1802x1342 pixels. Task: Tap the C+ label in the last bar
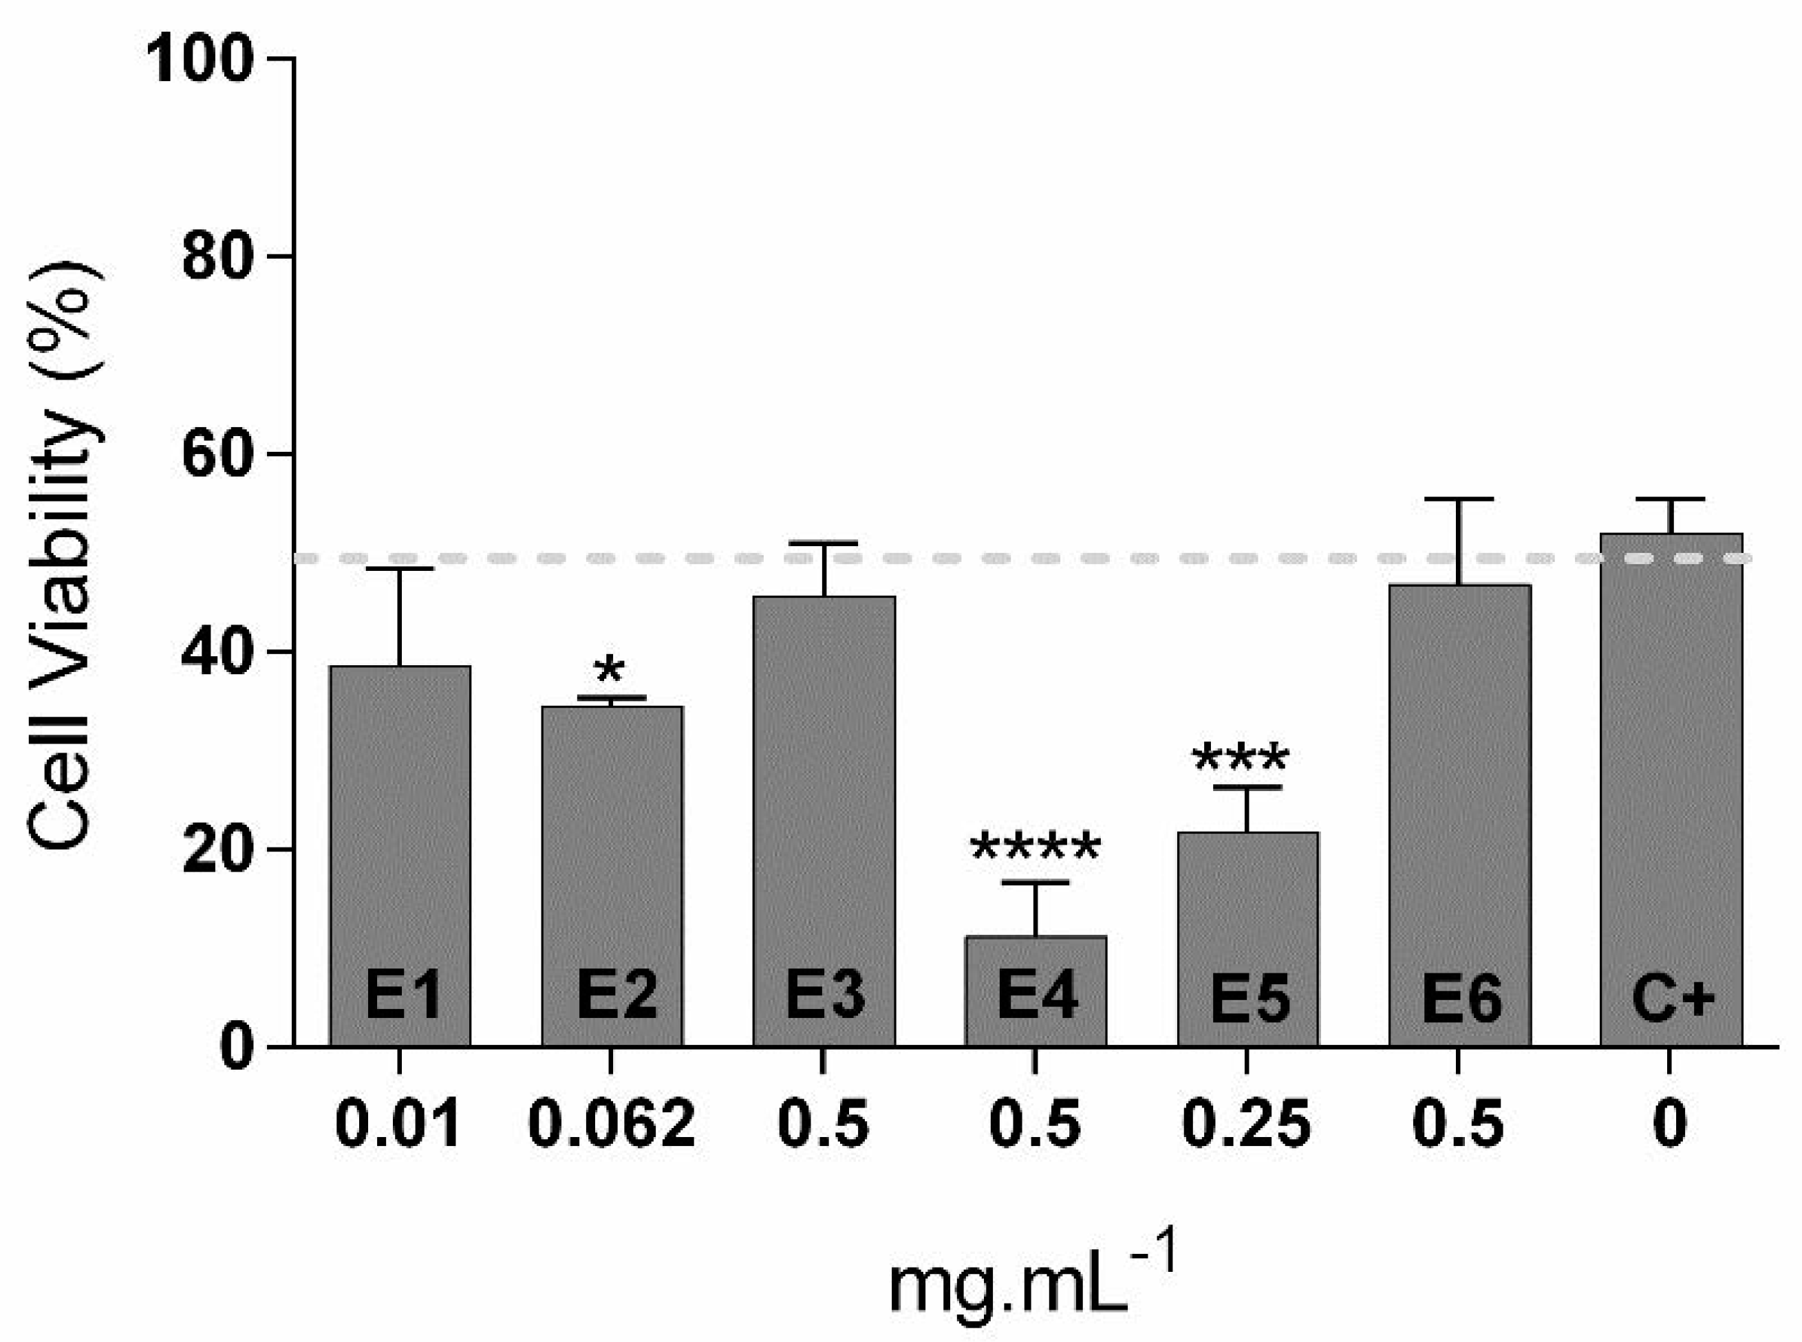(x=1673, y=997)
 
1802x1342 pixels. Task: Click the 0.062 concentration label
(x=612, y=1125)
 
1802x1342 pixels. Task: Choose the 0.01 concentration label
(x=398, y=1125)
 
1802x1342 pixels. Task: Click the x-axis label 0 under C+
(x=1670, y=1125)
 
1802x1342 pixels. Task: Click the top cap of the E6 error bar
(x=1460, y=499)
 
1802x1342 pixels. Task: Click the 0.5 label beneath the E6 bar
(x=1459, y=1125)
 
